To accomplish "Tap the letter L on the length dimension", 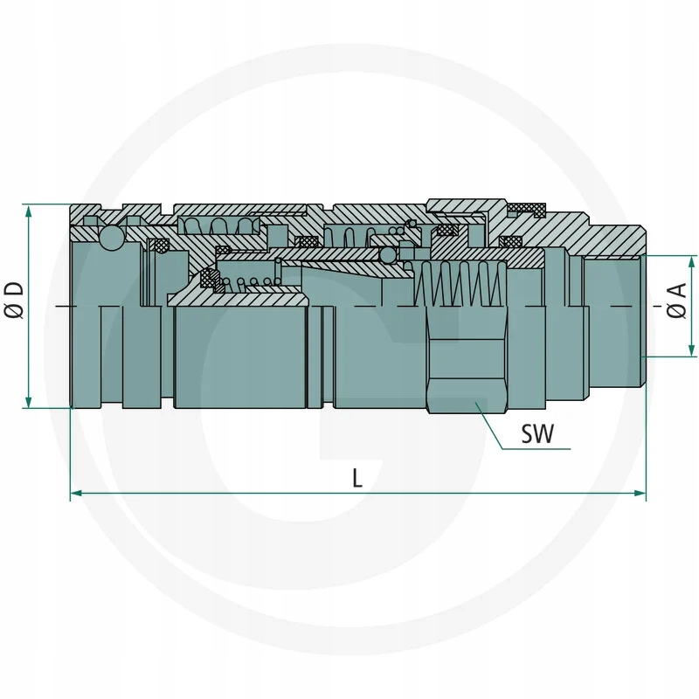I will [357, 477].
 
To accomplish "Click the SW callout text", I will [536, 434].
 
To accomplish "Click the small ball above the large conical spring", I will [387, 255].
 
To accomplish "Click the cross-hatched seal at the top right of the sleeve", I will [527, 208].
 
